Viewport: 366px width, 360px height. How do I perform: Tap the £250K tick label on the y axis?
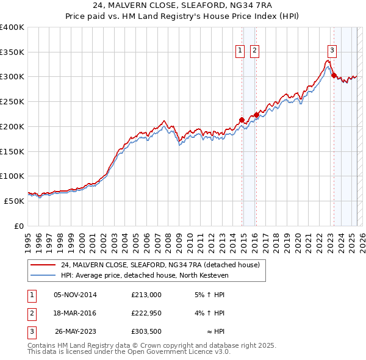pyautogui.click(x=12, y=101)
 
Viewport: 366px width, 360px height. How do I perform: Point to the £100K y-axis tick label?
pyautogui.click(x=12, y=176)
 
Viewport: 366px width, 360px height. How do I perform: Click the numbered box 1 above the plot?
pyautogui.click(x=240, y=51)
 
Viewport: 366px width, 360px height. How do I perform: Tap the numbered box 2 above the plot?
pyautogui.click(x=254, y=51)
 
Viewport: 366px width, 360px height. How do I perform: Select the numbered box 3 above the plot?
pyautogui.click(x=332, y=51)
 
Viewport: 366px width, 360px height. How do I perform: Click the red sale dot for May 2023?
pyautogui.click(x=333, y=75)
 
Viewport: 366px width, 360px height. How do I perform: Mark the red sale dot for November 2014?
pyautogui.click(x=242, y=120)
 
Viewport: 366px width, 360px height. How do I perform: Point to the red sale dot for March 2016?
pyautogui.click(x=256, y=115)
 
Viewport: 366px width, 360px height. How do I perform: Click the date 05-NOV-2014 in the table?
pyautogui.click(x=75, y=295)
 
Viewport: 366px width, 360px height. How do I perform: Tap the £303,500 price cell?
pyautogui.click(x=146, y=332)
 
